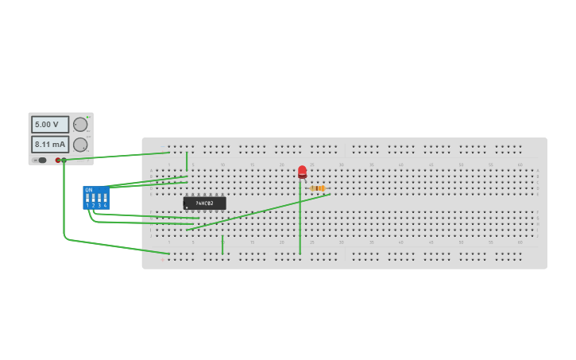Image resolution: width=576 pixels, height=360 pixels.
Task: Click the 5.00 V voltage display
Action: click(x=49, y=125)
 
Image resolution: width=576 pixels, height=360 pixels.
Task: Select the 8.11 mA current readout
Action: click(x=49, y=145)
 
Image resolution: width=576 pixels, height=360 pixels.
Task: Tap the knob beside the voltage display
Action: click(x=80, y=125)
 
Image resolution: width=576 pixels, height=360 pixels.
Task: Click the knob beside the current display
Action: click(x=80, y=145)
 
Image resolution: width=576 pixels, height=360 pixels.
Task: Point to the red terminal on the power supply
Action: click(x=58, y=160)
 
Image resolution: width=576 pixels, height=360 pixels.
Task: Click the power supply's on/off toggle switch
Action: click(x=41, y=160)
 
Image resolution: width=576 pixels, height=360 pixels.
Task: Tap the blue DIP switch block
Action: click(x=96, y=197)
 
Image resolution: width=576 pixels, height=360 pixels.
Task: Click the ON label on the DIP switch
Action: click(x=89, y=189)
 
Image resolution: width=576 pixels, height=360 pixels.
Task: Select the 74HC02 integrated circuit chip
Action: click(x=204, y=203)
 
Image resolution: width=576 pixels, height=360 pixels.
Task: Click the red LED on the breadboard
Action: click(x=302, y=171)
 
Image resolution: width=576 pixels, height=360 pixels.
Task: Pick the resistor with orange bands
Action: click(x=318, y=188)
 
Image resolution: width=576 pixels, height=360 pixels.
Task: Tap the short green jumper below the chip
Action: click(x=223, y=245)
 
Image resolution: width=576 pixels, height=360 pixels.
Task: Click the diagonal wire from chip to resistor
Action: click(x=262, y=211)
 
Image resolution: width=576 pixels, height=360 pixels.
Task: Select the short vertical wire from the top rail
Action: click(x=187, y=161)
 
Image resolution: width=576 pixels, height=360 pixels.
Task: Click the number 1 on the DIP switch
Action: click(x=87, y=206)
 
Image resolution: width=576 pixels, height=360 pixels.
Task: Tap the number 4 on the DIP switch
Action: click(x=105, y=206)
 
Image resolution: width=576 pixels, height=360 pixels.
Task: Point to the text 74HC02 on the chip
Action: click(x=204, y=203)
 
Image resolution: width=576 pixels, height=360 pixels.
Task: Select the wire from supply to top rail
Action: click(x=119, y=156)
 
